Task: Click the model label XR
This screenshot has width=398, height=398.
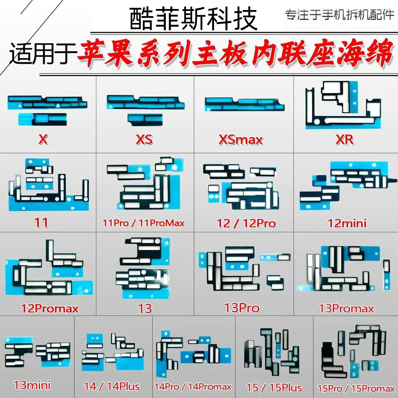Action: tap(345, 140)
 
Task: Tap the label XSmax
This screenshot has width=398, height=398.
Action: tap(241, 140)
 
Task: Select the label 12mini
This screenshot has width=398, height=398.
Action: tap(347, 223)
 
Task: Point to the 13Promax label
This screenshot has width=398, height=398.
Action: tap(346, 308)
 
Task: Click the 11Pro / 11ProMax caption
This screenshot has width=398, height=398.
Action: tap(144, 223)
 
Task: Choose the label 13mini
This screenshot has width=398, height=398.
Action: tap(32, 385)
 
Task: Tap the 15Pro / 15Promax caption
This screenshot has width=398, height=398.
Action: tap(356, 388)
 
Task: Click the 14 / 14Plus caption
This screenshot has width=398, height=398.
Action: tap(112, 386)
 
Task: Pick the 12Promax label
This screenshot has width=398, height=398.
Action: tap(50, 308)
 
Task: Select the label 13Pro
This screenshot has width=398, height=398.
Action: tap(242, 308)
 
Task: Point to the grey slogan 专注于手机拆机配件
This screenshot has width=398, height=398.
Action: tap(340, 15)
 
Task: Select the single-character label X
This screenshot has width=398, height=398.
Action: tap(43, 139)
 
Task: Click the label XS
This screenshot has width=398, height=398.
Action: tap(144, 139)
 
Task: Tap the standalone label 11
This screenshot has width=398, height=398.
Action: tap(41, 223)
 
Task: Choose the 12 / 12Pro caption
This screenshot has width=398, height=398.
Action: tap(246, 223)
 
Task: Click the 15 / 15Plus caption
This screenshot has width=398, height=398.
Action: tap(274, 387)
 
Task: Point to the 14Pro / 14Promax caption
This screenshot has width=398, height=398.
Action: tap(193, 386)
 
